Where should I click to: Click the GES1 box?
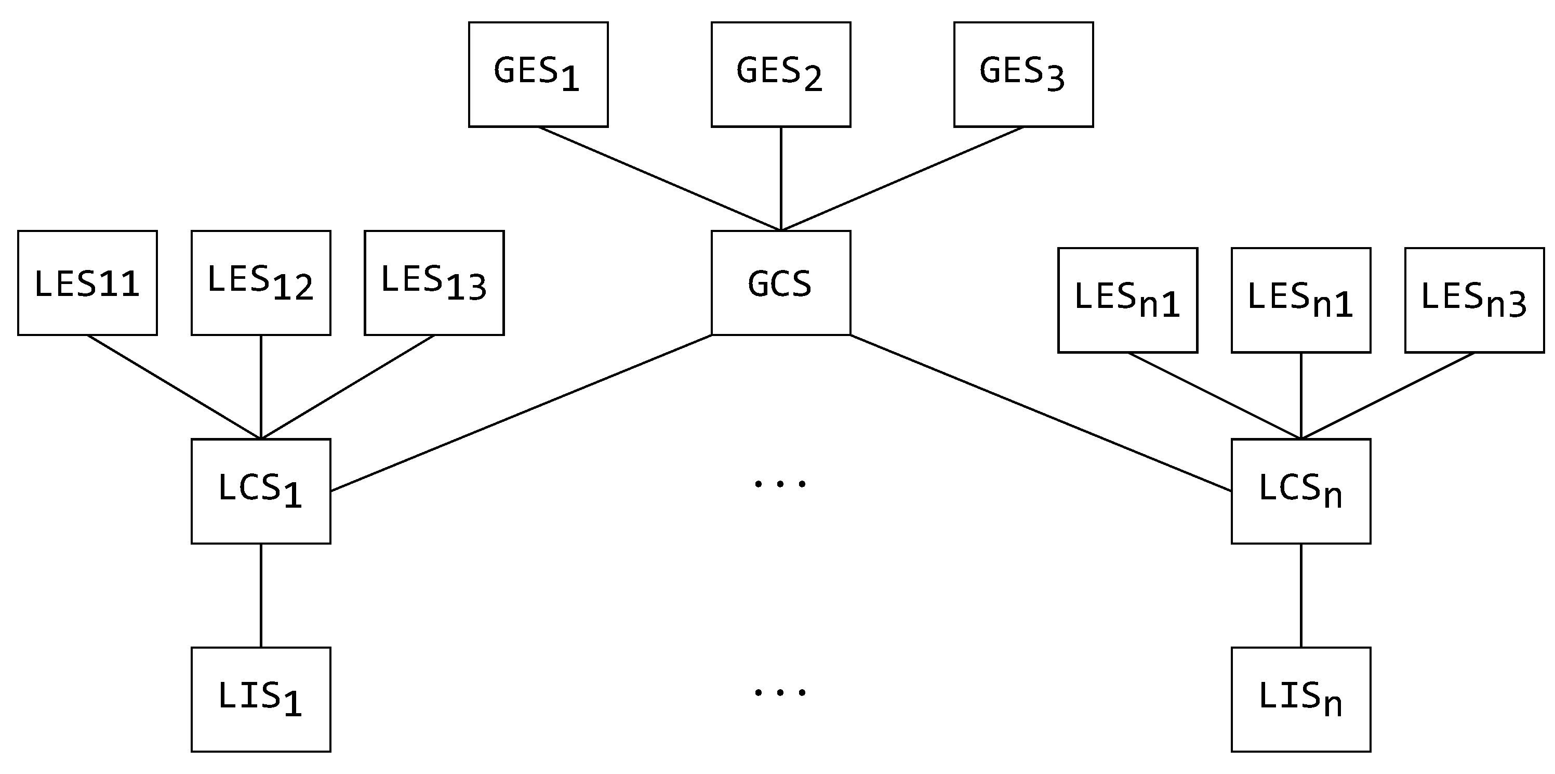click(538, 74)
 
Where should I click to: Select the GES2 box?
click(780, 74)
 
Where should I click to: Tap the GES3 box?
click(1023, 74)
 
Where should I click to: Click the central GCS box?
click(780, 283)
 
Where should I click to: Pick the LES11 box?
click(87, 283)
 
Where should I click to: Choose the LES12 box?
click(261, 283)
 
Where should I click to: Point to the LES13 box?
click(434, 283)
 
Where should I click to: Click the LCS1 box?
click(261, 491)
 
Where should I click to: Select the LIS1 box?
click(261, 699)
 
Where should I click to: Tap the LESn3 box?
click(1474, 300)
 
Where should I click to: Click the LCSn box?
click(1301, 491)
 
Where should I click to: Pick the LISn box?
click(1301, 699)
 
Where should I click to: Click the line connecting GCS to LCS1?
click(521, 412)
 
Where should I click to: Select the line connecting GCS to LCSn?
click(1041, 412)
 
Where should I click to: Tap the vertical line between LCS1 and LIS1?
click(261, 595)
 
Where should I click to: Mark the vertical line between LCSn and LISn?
click(1301, 595)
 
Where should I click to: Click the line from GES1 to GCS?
click(659, 179)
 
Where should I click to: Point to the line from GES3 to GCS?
click(902, 179)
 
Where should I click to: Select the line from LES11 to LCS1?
click(174, 386)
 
